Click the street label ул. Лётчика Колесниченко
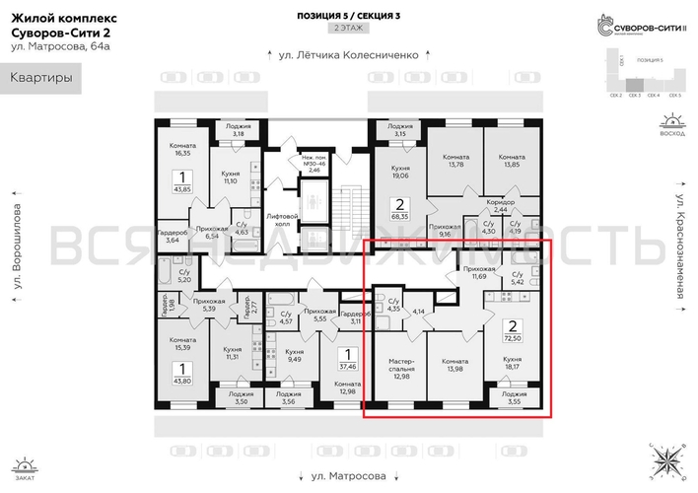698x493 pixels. pos(348,56)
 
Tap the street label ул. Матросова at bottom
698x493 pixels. pos(348,474)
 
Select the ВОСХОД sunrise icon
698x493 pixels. pos(672,126)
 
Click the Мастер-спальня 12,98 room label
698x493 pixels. pos(399,368)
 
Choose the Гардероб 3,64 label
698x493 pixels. pos(173,236)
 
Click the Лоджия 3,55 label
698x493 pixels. pos(512,397)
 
